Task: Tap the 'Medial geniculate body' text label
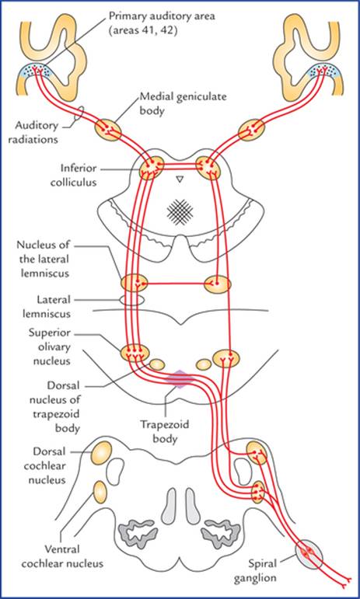[183, 103]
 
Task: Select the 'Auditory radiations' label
[37, 132]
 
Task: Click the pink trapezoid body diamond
[180, 379]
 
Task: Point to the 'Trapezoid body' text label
[165, 431]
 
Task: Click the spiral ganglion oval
[309, 555]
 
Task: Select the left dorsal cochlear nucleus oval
[101, 453]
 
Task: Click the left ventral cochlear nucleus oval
[100, 493]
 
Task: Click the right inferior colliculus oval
[208, 166]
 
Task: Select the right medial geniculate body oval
[251, 131]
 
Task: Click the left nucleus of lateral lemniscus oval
[135, 283]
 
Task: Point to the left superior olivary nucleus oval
[135, 353]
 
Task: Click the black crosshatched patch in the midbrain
[180, 212]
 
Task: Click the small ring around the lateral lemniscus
[131, 300]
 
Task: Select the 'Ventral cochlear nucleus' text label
[62, 556]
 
